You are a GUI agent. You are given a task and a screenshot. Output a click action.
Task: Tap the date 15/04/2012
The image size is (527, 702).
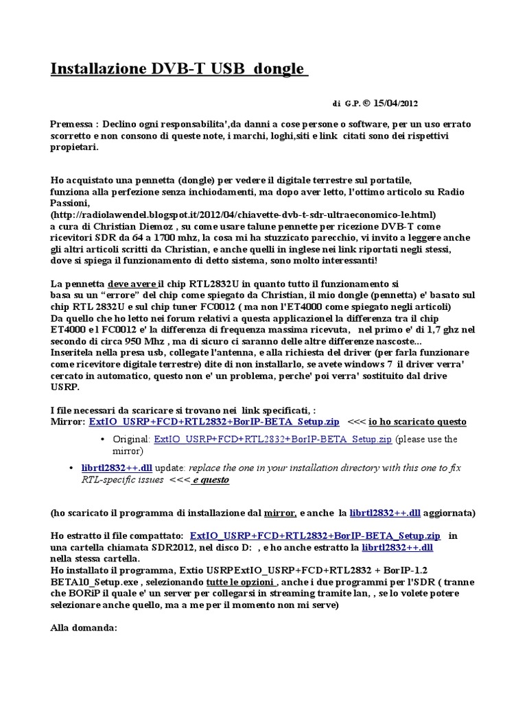pyautogui.click(x=395, y=104)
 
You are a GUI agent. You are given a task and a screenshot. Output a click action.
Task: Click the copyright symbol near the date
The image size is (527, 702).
pyautogui.click(x=367, y=104)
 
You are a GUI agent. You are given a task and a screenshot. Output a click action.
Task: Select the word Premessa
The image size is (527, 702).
pyautogui.click(x=72, y=124)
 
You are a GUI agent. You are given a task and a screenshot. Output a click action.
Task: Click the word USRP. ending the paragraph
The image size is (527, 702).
pyautogui.click(x=65, y=387)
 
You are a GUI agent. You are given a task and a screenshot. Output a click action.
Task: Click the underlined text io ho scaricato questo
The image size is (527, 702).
pyautogui.click(x=418, y=422)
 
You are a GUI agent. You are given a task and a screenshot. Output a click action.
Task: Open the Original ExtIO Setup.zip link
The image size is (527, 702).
pyautogui.click(x=273, y=439)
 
